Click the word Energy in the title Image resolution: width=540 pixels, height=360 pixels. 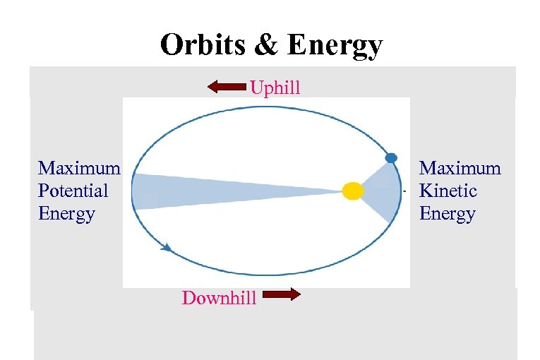tap(335, 47)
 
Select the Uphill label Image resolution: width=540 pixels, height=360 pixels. tap(275, 88)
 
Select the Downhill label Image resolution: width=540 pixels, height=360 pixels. tap(219, 298)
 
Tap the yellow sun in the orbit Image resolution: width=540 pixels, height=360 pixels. tap(352, 191)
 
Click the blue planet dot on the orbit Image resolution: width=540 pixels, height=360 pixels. tap(391, 157)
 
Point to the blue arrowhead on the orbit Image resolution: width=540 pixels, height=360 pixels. tap(166, 247)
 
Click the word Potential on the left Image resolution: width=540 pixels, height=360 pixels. tap(73, 191)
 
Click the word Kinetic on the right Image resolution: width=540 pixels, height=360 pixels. tap(448, 191)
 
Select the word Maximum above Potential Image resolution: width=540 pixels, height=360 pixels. tap(79, 168)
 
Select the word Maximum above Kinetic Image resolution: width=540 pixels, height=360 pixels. tap(460, 168)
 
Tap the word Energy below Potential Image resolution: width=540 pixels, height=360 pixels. tap(66, 213)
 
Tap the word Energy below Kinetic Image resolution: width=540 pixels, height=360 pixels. tap(448, 213)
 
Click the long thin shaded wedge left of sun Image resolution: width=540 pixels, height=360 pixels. tap(212, 191)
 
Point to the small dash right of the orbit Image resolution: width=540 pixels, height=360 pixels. tap(404, 191)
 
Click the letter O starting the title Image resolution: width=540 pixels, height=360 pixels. tap(171, 45)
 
